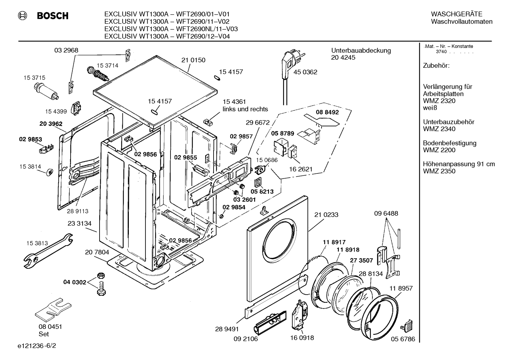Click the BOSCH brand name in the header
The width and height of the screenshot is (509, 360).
[x=53, y=16]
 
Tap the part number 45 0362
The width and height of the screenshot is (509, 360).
[x=305, y=72]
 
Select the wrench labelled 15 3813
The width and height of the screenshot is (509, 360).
[x=48, y=250]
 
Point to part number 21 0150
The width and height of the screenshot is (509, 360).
[x=193, y=60]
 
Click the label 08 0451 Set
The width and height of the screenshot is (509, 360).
[x=50, y=330]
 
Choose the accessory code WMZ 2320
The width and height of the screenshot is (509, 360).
[x=439, y=101]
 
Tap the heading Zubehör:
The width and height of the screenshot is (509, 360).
[x=436, y=66]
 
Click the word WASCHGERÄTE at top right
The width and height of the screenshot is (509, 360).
[x=456, y=14]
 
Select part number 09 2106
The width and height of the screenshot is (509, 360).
[x=246, y=339]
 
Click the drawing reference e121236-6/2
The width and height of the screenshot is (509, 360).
[x=37, y=346]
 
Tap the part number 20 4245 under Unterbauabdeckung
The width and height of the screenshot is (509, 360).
[x=343, y=58]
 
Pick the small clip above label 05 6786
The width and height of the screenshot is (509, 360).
[x=406, y=326]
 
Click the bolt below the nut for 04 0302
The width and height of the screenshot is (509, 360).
[x=101, y=289]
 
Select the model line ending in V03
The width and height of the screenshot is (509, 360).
[x=171, y=29]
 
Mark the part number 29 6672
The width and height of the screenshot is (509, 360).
[x=257, y=123]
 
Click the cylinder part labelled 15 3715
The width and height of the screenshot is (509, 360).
[x=46, y=92]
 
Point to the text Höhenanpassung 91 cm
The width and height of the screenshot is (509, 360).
[x=459, y=164]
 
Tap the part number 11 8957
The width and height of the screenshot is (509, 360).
[x=401, y=288]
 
